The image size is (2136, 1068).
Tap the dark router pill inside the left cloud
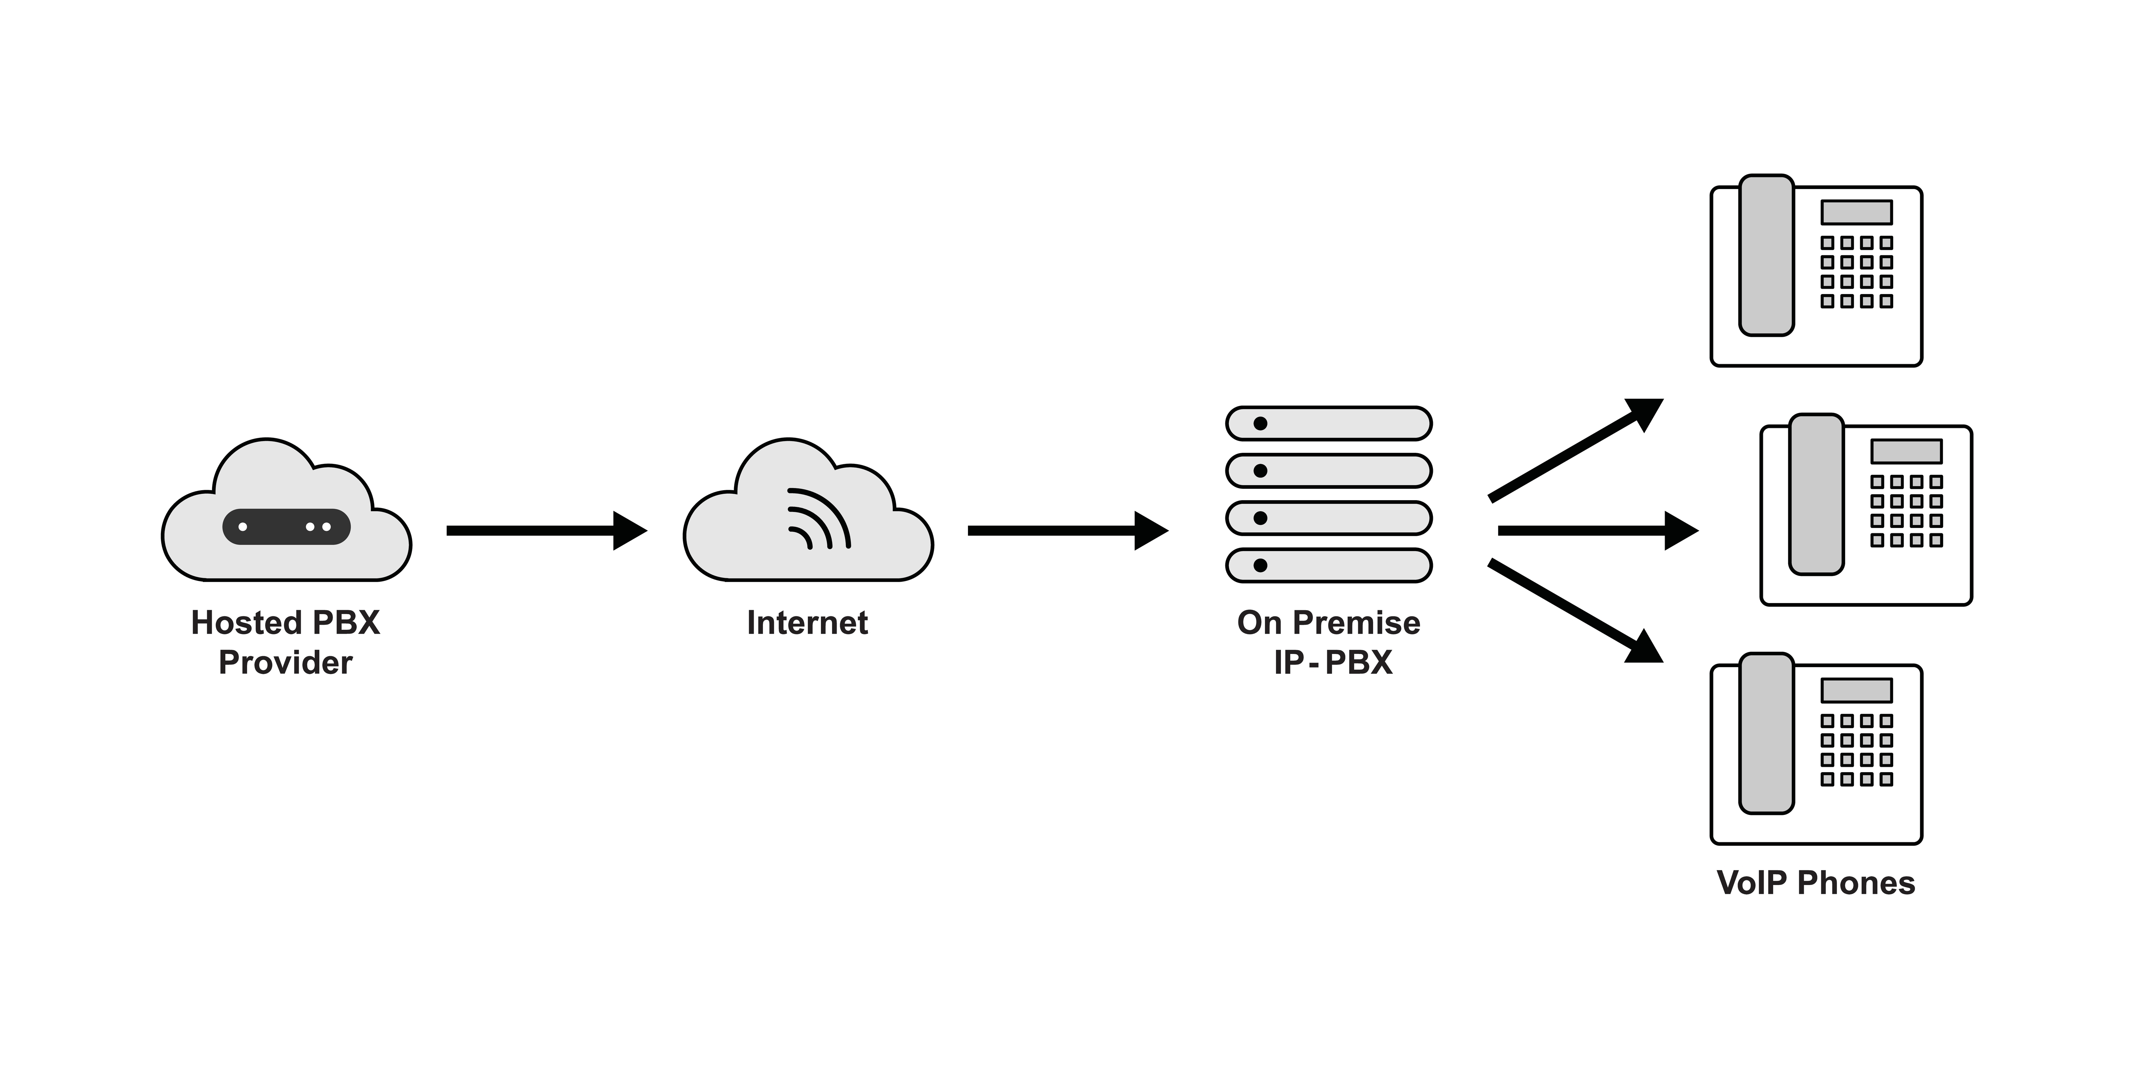click(286, 527)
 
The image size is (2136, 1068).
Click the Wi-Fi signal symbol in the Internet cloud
click(817, 521)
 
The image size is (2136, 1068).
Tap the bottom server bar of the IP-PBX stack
click(1328, 566)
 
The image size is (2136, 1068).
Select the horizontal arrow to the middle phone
click(1596, 531)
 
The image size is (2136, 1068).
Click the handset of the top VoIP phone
click(1766, 255)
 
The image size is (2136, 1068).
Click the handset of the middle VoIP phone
click(1816, 494)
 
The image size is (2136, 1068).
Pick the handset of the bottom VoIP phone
click(1766, 733)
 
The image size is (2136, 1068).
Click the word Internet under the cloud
click(807, 623)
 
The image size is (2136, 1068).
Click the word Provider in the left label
click(285, 663)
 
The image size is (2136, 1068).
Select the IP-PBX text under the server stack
click(1333, 663)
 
